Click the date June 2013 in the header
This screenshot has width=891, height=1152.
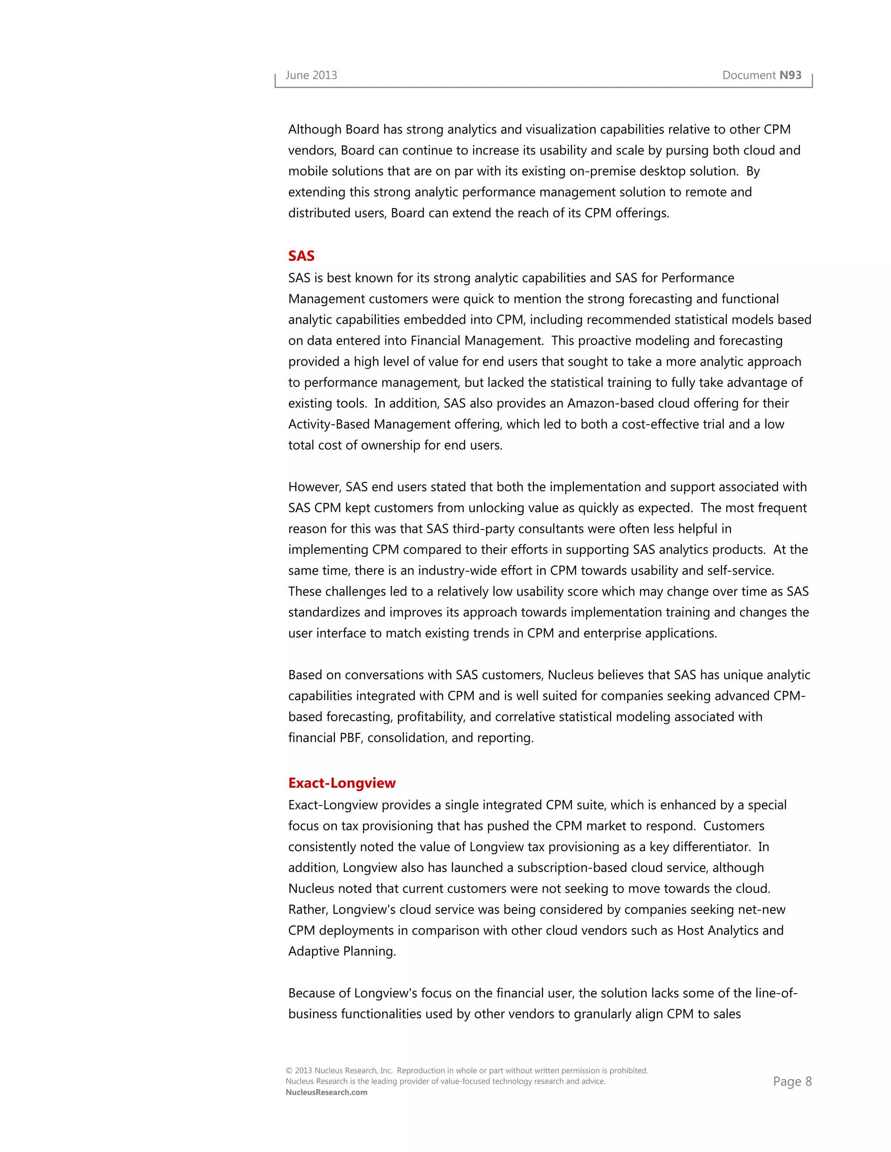point(311,76)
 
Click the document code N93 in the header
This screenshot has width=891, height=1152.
point(790,76)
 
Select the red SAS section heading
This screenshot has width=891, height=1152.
point(301,256)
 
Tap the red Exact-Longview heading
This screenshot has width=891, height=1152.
point(342,783)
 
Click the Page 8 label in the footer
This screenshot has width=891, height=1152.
point(792,1082)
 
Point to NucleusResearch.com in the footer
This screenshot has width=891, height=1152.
point(326,1092)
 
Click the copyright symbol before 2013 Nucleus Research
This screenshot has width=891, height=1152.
point(289,1071)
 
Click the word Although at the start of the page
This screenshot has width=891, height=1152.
point(315,130)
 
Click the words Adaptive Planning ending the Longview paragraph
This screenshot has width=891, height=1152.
point(342,952)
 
